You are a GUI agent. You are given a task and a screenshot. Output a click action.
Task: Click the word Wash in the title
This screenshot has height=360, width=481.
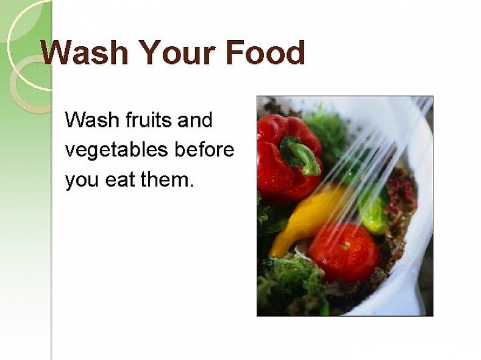[x=84, y=52]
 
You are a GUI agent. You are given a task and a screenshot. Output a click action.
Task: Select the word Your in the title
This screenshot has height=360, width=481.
[x=178, y=52]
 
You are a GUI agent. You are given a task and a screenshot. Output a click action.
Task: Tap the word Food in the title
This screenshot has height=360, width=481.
[x=266, y=52]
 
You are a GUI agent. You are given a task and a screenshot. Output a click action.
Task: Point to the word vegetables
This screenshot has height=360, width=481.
[x=117, y=150]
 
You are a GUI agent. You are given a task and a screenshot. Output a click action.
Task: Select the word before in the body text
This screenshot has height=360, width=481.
[x=204, y=149]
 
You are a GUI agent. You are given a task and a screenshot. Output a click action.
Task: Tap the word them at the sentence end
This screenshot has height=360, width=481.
[x=167, y=179]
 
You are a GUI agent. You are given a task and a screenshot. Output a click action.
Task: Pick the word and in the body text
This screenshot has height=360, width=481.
[x=194, y=119]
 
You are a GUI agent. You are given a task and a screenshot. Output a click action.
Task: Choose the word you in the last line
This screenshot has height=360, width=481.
[x=82, y=181]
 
